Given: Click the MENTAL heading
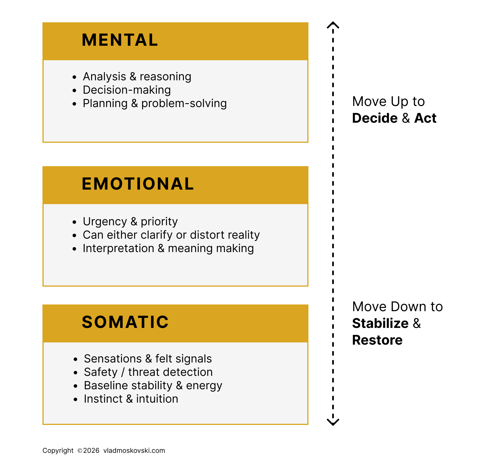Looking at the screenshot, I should [120, 40].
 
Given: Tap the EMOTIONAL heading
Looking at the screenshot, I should [138, 184].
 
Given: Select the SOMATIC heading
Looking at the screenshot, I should [125, 322].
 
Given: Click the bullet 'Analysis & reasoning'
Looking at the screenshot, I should [137, 76].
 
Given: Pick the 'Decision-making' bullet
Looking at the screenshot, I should [127, 90].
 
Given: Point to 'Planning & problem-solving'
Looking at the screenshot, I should [154, 103].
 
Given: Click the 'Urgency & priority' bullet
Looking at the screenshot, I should [130, 221].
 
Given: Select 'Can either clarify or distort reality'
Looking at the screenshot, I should [171, 235].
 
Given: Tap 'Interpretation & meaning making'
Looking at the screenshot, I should [168, 248].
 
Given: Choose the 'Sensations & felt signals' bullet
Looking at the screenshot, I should [148, 359].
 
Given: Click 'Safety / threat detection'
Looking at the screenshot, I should [148, 372].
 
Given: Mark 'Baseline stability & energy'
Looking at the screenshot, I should [153, 385].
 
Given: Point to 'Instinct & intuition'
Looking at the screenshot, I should [131, 399].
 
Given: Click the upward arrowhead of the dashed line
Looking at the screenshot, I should [333, 25].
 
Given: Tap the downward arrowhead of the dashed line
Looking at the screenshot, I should [333, 422].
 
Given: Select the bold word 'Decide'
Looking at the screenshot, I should [375, 118].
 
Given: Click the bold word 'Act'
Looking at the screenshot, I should [425, 118].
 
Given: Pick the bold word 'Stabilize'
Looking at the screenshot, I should [380, 323].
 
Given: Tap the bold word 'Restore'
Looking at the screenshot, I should [377, 340].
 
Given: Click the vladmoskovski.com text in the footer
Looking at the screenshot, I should [134, 451].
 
